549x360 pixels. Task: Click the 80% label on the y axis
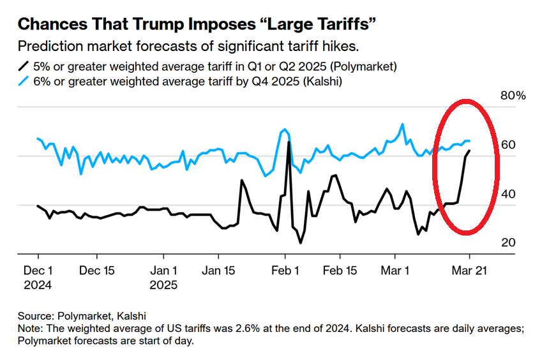[513, 96]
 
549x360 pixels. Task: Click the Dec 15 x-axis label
[97, 270]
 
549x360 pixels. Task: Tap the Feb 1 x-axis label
[284, 270]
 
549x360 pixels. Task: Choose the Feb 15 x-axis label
[340, 270]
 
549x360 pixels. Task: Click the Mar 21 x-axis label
[469, 270]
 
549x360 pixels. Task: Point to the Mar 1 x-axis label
[396, 270]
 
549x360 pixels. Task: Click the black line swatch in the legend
[24, 65]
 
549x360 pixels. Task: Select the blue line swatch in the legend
[24, 81]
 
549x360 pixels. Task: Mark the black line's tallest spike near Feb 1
[289, 142]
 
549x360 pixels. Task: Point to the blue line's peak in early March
[402, 124]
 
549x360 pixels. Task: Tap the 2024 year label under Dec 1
[38, 285]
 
